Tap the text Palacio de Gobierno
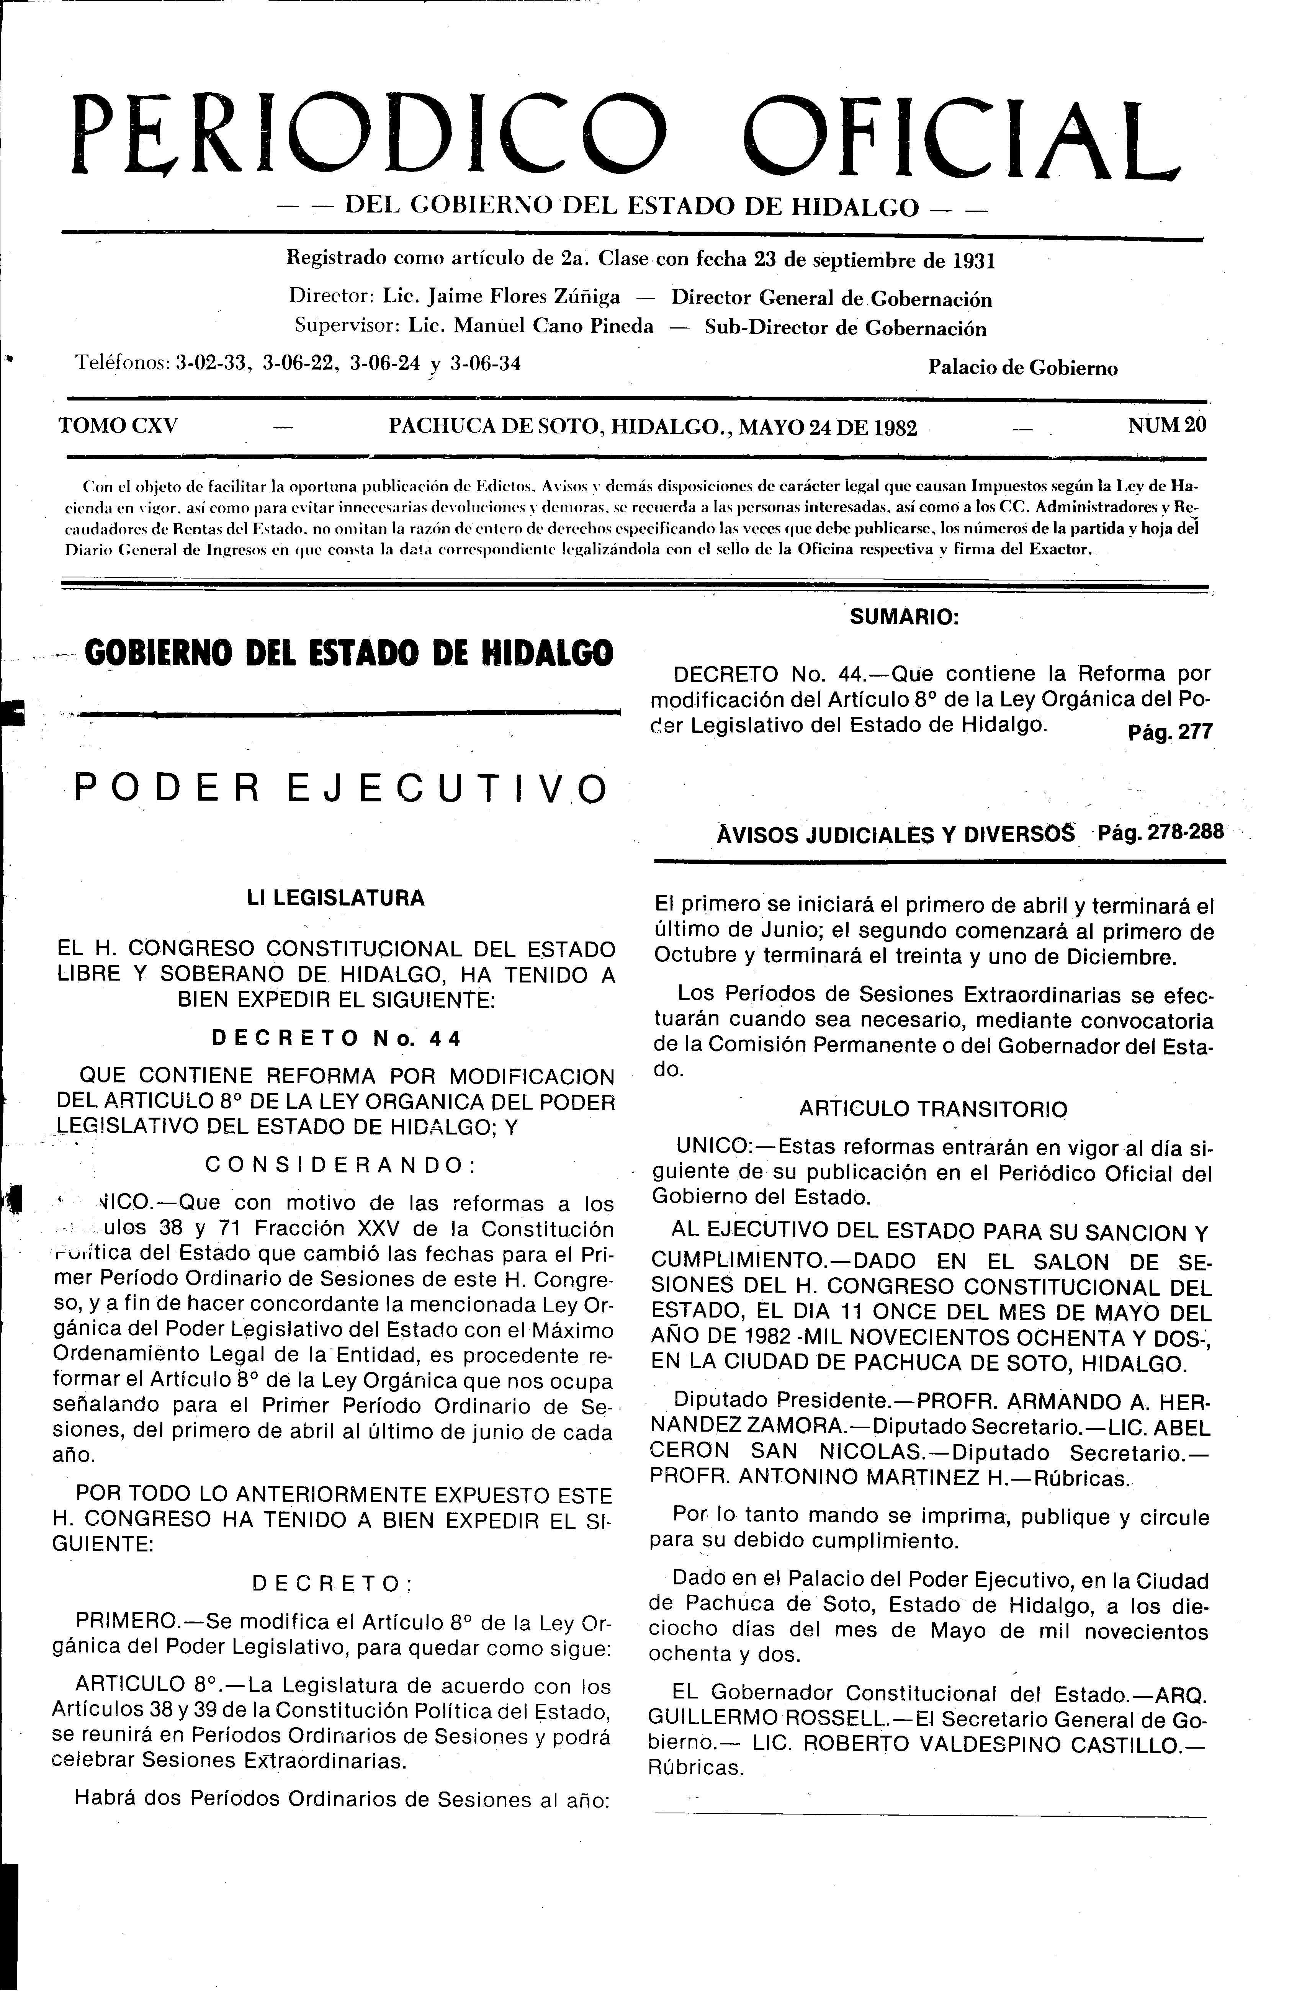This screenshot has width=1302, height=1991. pos(1022,368)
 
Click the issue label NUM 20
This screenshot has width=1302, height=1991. pos(1167,425)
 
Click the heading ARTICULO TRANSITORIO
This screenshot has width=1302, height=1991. pos(933,1109)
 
